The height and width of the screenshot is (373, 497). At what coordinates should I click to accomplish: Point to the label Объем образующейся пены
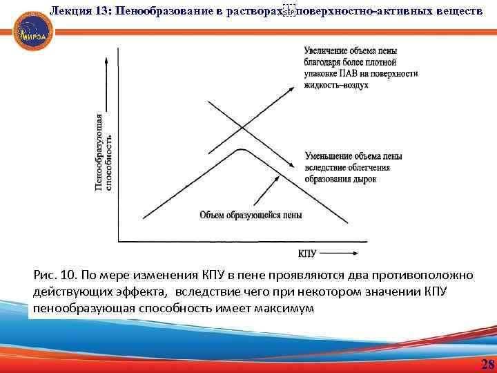coord(251,215)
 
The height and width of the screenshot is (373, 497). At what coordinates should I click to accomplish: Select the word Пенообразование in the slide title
coord(166,9)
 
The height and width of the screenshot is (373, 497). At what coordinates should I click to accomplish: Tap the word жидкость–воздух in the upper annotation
coord(336,84)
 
